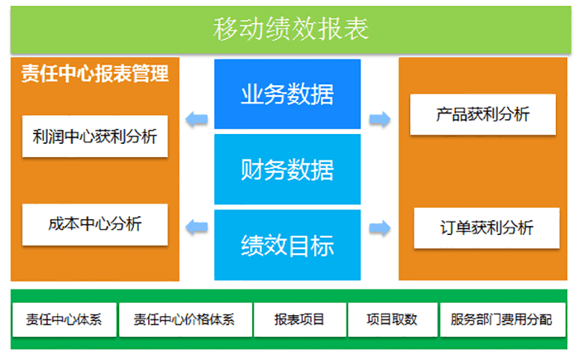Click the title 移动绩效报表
[x=290, y=30]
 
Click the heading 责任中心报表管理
[x=95, y=74]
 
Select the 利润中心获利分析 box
[x=95, y=137]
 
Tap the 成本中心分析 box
[x=95, y=223]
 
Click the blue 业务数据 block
[x=287, y=94]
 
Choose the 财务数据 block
[x=287, y=170]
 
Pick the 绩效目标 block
[x=287, y=245]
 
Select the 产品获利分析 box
[x=483, y=114]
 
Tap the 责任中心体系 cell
[x=65, y=319]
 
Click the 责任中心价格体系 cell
[x=184, y=319]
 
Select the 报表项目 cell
[x=299, y=319]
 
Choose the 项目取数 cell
[x=392, y=319]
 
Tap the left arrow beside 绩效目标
[x=197, y=226]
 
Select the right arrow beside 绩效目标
[x=380, y=226]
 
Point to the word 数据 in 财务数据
[x=310, y=170]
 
